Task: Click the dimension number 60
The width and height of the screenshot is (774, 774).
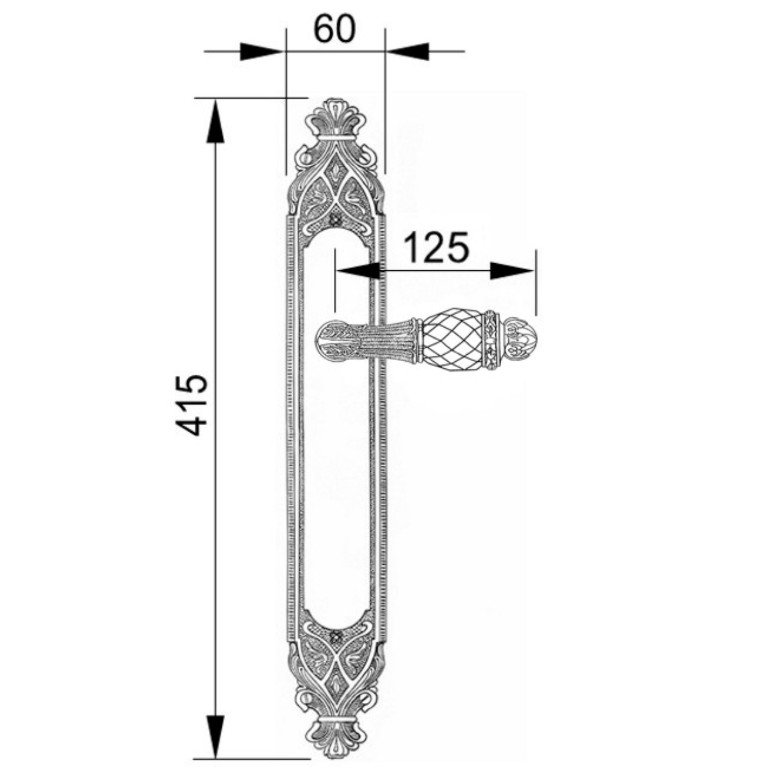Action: tap(334, 29)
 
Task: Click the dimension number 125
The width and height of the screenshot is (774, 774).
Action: tap(436, 246)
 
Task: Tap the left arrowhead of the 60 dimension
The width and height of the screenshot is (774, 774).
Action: tap(261, 52)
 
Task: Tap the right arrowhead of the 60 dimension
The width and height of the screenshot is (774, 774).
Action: tap(407, 52)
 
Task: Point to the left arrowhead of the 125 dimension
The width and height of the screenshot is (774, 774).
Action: tap(357, 271)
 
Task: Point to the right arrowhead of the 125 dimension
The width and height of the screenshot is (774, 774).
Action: tap(513, 271)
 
